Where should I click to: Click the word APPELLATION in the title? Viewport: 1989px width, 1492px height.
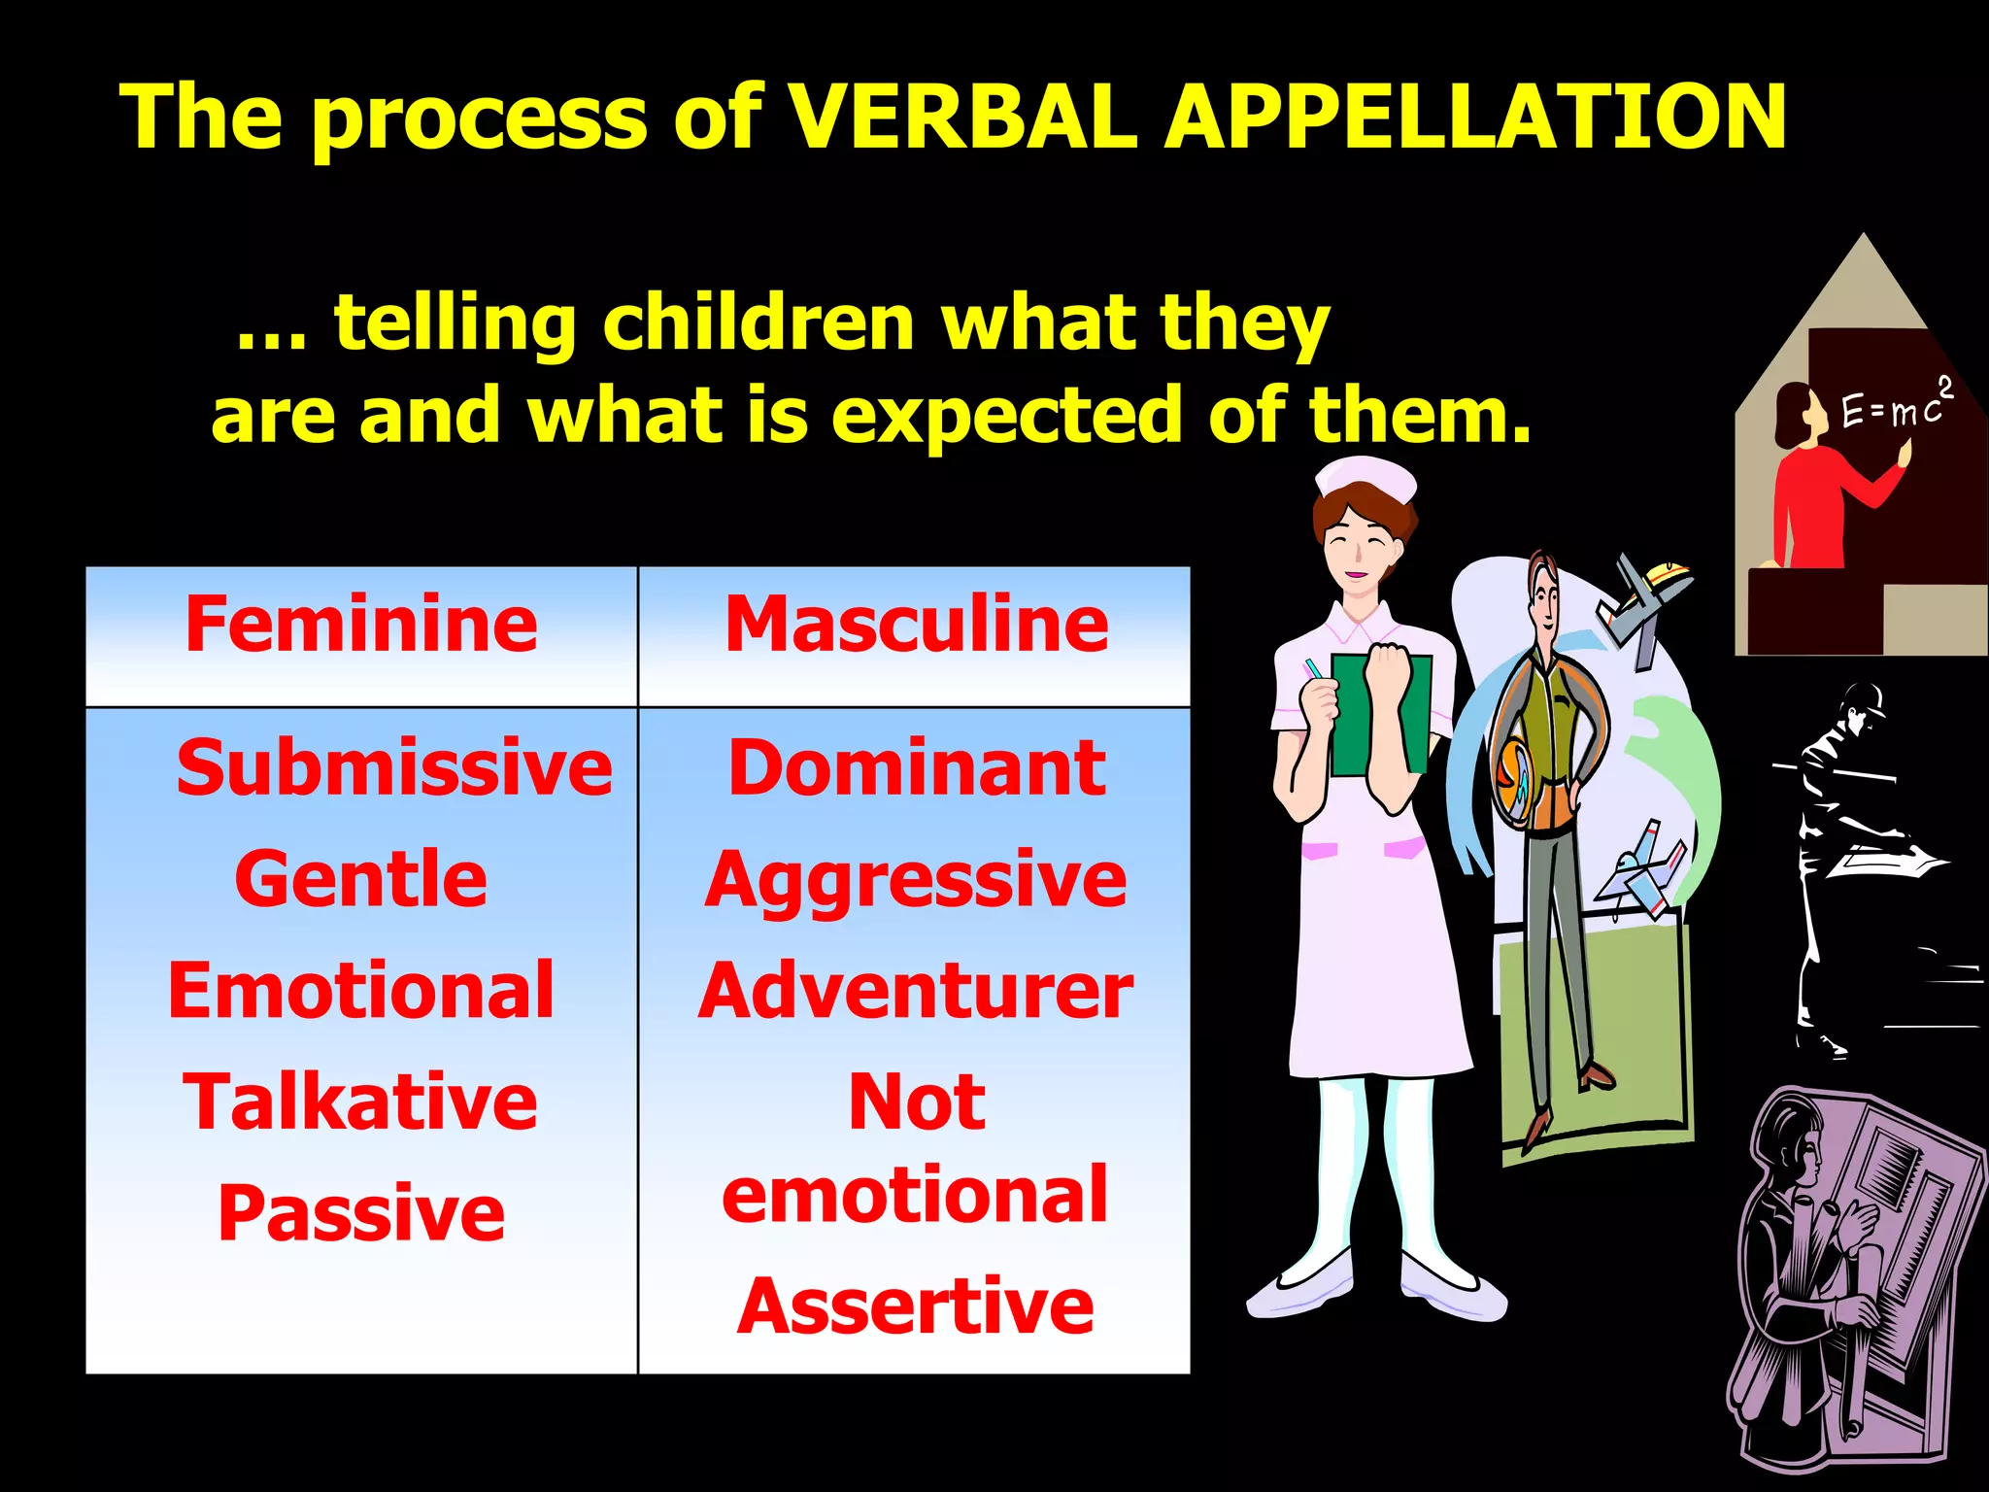tap(1476, 117)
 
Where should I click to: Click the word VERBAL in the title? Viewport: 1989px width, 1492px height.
tap(961, 117)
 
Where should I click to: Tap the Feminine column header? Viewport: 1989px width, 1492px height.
tap(361, 625)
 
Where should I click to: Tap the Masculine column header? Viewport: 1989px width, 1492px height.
tap(916, 625)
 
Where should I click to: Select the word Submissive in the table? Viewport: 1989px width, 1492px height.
tap(394, 768)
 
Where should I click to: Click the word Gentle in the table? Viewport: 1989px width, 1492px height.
tap(361, 879)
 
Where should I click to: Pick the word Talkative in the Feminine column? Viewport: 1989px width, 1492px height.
tap(361, 1102)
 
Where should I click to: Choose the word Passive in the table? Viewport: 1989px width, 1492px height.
tap(361, 1213)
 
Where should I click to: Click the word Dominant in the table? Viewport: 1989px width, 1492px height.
tap(916, 768)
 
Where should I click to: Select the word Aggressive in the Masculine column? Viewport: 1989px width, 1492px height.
tap(916, 879)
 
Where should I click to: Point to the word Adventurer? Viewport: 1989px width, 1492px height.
tap(916, 991)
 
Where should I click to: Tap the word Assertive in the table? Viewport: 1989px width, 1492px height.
tap(916, 1306)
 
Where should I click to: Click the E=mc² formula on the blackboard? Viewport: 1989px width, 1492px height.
tap(1894, 406)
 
